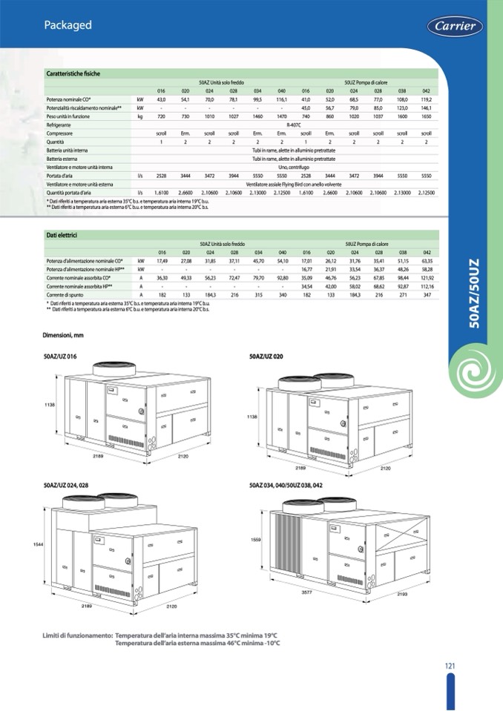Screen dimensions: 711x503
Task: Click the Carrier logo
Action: pos(455,27)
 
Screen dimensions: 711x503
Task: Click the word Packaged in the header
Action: pos(68,25)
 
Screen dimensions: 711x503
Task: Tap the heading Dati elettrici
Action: pos(62,235)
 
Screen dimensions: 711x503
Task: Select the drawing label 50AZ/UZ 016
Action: pos(61,357)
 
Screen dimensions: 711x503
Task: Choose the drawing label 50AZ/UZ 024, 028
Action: pos(66,484)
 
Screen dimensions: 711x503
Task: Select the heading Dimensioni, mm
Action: pos(66,336)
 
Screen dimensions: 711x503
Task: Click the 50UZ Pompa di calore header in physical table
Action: pos(366,82)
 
